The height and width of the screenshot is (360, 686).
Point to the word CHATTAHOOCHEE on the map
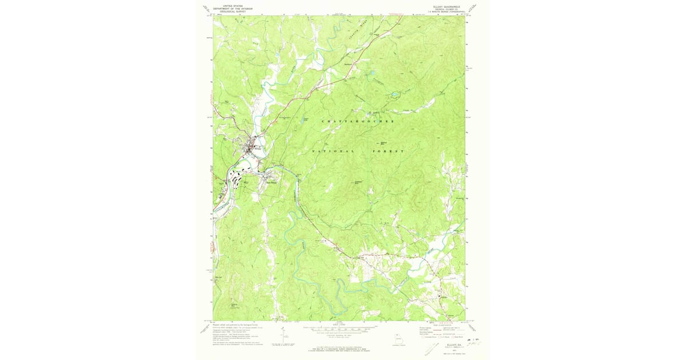click(x=358, y=122)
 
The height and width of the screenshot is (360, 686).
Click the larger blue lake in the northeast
click(x=395, y=95)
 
